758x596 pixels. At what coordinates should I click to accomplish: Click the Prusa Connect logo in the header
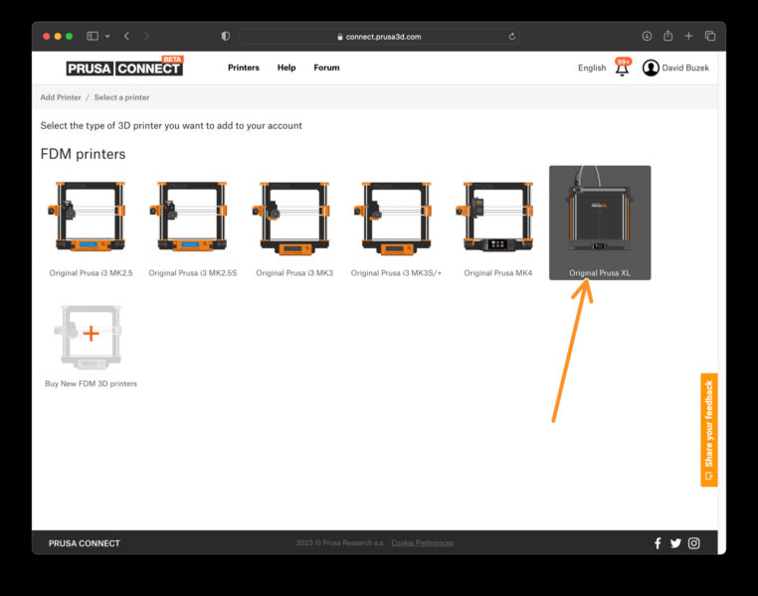click(x=124, y=68)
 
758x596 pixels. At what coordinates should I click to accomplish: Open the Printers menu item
click(x=243, y=68)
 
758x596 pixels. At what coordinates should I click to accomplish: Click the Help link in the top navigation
click(x=286, y=68)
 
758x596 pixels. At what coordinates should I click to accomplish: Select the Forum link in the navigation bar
click(x=326, y=68)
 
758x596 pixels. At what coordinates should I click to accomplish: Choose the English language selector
click(x=591, y=68)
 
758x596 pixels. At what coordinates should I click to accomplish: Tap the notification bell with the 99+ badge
click(x=622, y=69)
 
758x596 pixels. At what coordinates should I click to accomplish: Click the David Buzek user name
click(x=685, y=68)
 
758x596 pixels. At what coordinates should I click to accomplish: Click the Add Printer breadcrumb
click(x=61, y=97)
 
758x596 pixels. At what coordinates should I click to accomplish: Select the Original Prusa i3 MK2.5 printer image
click(x=91, y=218)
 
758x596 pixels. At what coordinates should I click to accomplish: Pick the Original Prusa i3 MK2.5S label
click(x=193, y=273)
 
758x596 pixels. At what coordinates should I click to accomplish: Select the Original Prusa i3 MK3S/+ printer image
click(x=395, y=218)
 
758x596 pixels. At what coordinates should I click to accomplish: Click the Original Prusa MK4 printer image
click(x=497, y=218)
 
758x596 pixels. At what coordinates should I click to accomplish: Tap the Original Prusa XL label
click(x=600, y=272)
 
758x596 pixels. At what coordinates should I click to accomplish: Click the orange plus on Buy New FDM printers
click(x=91, y=333)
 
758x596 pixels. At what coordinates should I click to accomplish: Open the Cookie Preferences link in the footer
click(x=422, y=543)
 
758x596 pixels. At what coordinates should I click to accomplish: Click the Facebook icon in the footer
click(x=658, y=543)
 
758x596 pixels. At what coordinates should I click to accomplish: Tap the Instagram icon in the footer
click(x=694, y=543)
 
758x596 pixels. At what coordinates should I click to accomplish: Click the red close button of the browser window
click(x=46, y=36)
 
